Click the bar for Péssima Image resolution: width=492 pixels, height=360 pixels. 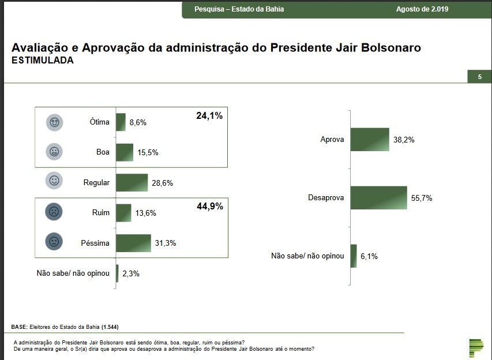[133, 243]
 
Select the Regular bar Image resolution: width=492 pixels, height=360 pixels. [132, 182]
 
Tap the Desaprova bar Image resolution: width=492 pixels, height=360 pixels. [378, 197]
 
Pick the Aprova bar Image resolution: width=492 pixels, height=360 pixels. [370, 140]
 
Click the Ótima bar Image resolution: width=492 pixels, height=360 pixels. [121, 122]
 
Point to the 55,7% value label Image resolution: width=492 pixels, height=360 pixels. [422, 198]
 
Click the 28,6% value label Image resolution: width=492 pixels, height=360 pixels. [162, 183]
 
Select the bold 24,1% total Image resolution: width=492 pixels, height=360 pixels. [209, 116]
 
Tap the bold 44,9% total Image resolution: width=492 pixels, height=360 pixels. [209, 207]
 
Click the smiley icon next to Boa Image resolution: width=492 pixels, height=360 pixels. [54, 152]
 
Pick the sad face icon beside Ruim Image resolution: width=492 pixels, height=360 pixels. [54, 212]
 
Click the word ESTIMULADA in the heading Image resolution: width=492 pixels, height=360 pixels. [43, 60]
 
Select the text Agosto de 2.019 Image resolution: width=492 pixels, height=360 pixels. [422, 9]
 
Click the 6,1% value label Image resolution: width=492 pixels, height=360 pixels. [368, 256]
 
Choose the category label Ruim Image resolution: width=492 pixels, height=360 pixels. [100, 213]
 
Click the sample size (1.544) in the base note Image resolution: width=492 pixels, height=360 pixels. [110, 327]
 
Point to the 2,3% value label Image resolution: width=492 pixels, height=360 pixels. [130, 273]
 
